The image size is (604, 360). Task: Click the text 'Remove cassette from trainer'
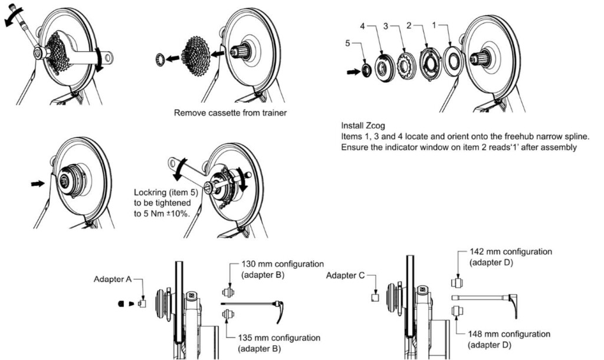tap(231, 112)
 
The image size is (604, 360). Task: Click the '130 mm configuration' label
tap(283, 264)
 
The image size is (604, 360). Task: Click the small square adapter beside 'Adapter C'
tap(374, 297)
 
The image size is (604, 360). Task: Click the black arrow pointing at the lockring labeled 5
tap(353, 71)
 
